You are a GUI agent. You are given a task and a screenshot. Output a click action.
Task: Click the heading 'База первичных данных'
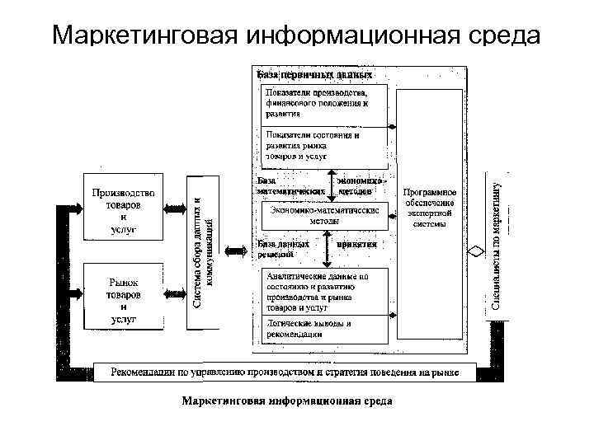coord(315,75)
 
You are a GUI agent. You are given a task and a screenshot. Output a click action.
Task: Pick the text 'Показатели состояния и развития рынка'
coord(313,144)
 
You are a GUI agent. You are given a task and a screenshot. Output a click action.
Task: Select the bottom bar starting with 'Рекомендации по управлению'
coord(285,372)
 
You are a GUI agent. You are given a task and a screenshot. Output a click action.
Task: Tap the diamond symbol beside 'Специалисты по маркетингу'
coord(473,252)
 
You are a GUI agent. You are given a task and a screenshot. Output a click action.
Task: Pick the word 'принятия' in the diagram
coord(356,244)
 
